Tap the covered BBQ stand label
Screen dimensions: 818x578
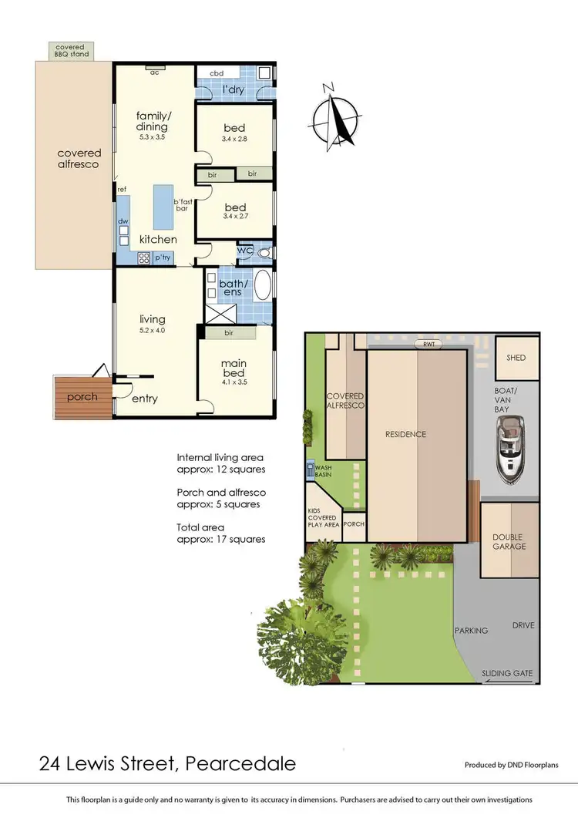tap(69, 50)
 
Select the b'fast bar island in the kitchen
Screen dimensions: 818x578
tap(163, 207)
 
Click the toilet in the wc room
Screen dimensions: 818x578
tap(264, 251)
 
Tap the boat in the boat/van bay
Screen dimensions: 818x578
tap(510, 450)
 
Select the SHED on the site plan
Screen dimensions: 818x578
tap(516, 359)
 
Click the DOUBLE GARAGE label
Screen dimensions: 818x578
tap(509, 541)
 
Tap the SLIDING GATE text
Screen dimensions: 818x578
tap(507, 673)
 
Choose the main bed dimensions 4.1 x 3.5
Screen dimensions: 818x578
tap(234, 382)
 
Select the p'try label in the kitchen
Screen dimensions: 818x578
tap(163, 258)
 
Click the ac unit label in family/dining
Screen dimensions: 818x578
tap(154, 72)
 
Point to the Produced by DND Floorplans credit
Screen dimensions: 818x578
tap(512, 765)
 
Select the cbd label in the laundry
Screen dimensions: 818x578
tap(217, 74)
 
